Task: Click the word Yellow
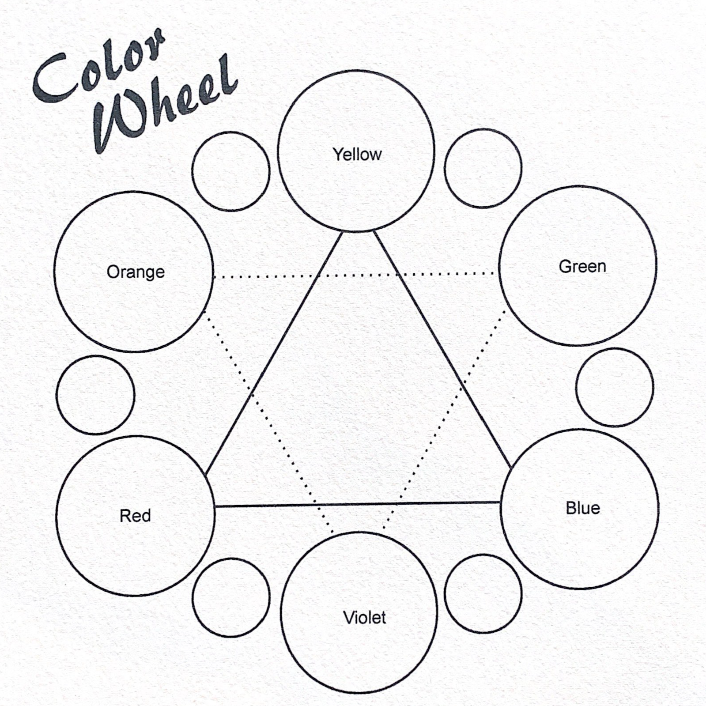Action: [357, 155]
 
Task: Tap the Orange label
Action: [136, 272]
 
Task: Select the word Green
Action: [582, 266]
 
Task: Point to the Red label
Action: [135, 516]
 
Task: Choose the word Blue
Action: [583, 508]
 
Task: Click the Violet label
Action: [364, 617]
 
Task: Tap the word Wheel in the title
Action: [166, 106]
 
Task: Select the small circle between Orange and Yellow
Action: [231, 171]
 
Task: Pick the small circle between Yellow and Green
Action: [483, 168]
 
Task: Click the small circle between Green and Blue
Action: [615, 387]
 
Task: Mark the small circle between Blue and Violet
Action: [483, 593]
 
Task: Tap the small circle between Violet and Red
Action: [231, 597]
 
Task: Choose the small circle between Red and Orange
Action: [95, 395]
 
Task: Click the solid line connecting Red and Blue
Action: [358, 504]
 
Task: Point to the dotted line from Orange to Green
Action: [353, 275]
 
